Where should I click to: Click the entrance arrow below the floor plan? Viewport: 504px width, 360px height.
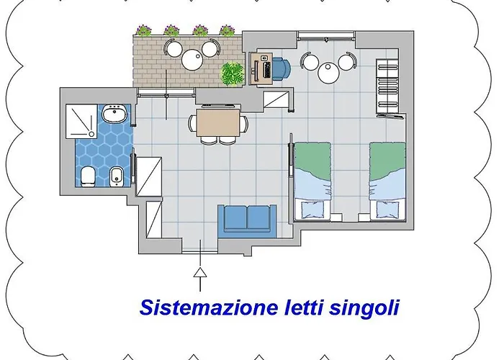[x=199, y=277]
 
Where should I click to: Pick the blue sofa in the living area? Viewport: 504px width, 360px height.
[x=246, y=219]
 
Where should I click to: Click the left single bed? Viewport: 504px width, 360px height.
[x=312, y=180]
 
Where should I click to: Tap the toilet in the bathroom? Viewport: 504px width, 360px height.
[x=87, y=175]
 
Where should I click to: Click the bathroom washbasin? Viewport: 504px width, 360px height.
[x=113, y=114]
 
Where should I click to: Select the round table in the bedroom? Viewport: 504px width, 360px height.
[x=328, y=72]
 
